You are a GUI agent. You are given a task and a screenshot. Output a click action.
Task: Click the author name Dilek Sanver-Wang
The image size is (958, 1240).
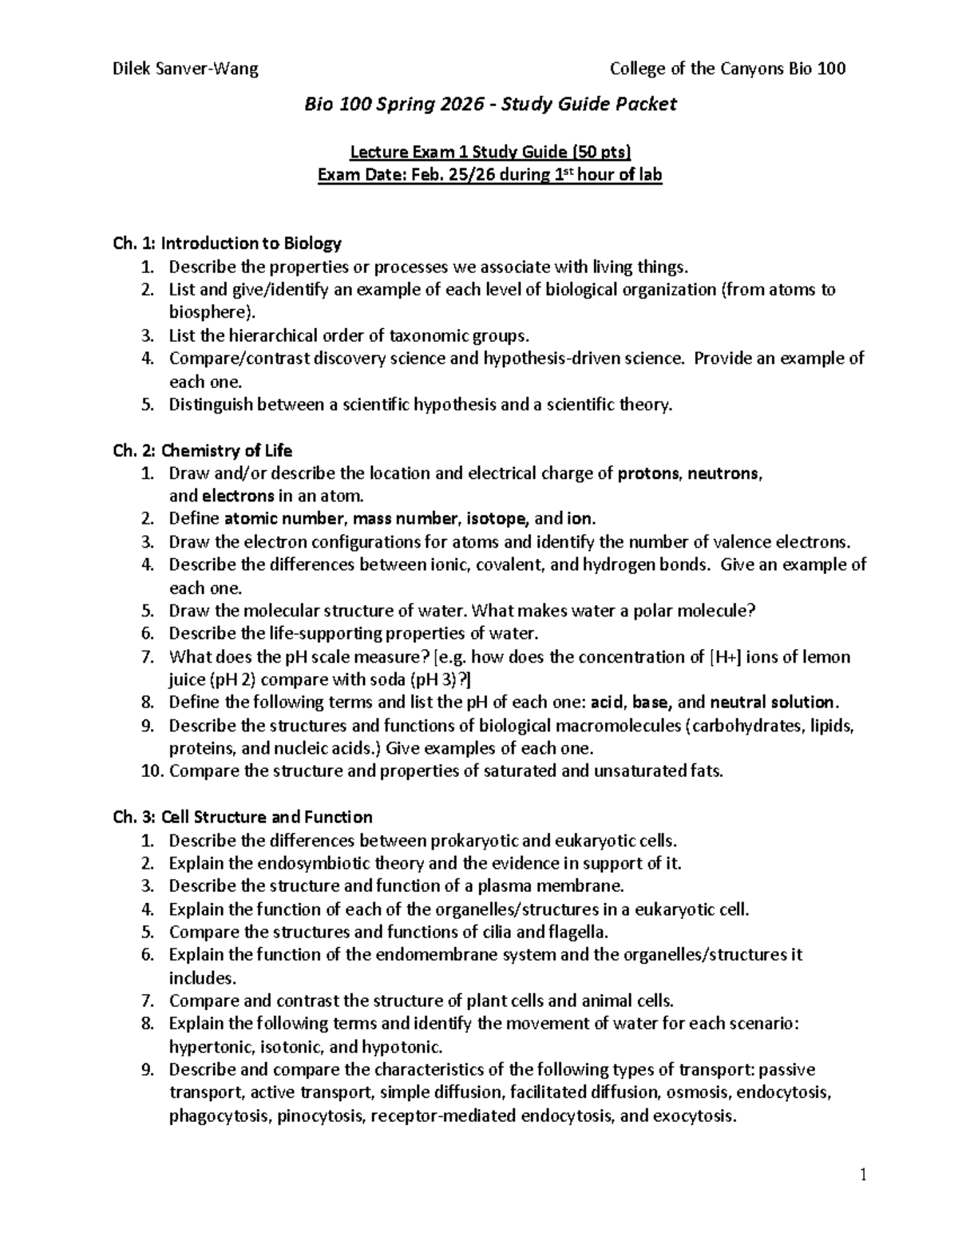[186, 69]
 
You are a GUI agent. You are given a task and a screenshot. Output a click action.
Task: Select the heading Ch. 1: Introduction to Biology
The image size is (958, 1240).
[228, 243]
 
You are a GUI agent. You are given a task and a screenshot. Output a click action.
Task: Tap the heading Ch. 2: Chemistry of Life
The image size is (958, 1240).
[203, 450]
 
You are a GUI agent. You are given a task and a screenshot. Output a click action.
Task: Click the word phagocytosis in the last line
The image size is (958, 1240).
[220, 1116]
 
